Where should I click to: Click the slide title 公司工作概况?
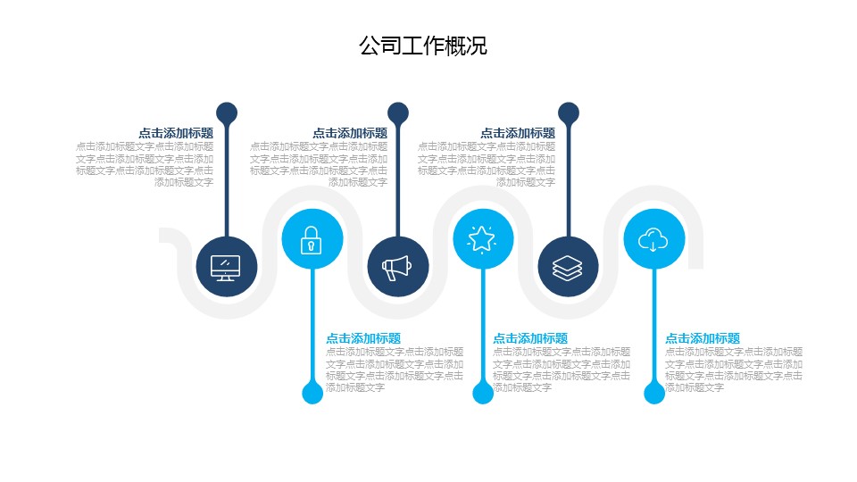(422, 46)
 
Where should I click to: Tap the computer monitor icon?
(226, 267)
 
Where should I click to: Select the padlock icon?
(312, 239)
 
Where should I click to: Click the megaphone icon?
(397, 267)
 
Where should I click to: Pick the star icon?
(483, 239)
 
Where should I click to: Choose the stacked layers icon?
(568, 267)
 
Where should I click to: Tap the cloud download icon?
(653, 239)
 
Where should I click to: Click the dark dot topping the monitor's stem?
(227, 113)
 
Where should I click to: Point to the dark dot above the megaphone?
(398, 113)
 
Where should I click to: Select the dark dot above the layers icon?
(569, 113)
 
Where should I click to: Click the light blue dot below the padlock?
(312, 393)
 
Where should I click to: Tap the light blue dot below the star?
(483, 393)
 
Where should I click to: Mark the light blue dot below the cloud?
(654, 393)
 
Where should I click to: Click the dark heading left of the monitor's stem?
(176, 133)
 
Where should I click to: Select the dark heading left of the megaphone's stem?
(350, 133)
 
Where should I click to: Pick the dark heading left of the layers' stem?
(518, 133)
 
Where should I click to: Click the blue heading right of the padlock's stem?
(363, 338)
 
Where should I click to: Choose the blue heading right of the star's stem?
(530, 338)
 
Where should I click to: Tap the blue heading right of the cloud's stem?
(703, 338)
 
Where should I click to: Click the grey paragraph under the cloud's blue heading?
(733, 370)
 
